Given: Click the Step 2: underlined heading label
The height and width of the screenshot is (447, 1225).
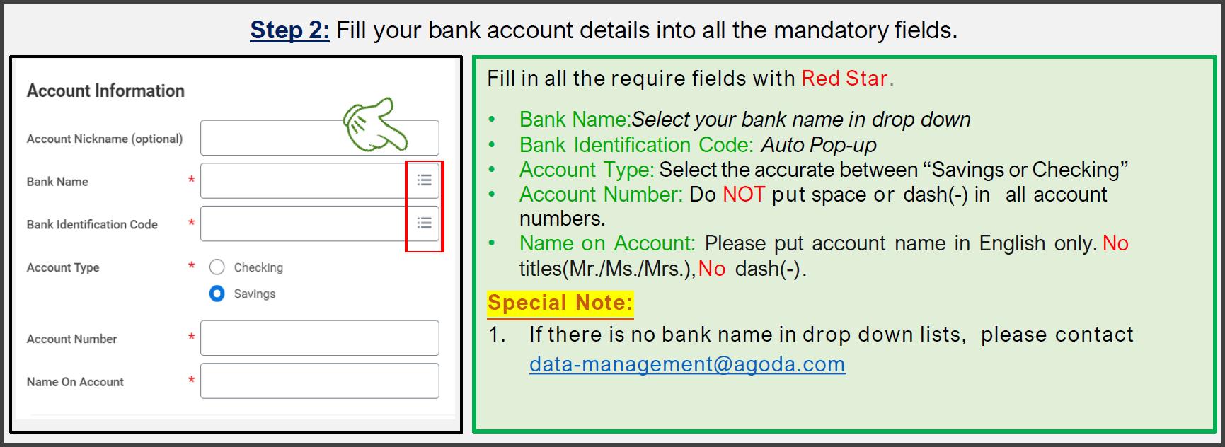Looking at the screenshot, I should pos(289,30).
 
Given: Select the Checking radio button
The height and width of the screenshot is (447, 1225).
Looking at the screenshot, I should pos(217,267).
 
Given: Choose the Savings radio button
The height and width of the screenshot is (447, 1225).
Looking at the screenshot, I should pos(217,294).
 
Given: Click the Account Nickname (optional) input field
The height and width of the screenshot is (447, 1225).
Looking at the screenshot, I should pos(269,138).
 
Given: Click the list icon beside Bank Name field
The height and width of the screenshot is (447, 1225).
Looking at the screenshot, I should pos(425,180).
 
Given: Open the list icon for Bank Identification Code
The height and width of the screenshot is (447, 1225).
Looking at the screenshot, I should pos(425,223).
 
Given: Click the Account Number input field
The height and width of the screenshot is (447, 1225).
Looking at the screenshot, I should pos(319,338).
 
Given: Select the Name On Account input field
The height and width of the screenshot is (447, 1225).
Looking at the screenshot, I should pos(319,381).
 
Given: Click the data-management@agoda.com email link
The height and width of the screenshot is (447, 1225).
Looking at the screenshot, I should pos(687,364).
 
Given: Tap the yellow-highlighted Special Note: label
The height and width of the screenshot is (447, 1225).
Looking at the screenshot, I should pos(560,303).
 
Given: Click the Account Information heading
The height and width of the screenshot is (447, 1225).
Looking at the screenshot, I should pos(105,91).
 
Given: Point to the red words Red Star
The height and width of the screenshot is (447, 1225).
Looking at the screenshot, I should pos(844,79).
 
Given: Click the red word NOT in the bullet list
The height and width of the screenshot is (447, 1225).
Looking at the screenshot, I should pos(744,195).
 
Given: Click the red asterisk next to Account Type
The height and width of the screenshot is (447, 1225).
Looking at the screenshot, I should pos(191,267).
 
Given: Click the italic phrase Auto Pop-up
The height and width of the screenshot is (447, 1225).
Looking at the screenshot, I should pos(819,145).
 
